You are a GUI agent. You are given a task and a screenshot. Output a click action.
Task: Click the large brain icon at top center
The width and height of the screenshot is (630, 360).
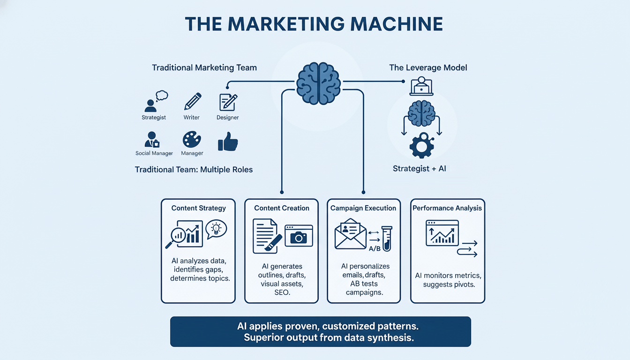point(318,84)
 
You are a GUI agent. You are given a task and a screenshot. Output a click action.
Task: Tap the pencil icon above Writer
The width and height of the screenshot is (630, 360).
point(192,101)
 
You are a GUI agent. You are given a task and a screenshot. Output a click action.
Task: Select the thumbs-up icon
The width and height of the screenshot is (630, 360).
point(228,141)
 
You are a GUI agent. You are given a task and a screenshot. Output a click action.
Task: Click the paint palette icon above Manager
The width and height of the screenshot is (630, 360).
point(191,140)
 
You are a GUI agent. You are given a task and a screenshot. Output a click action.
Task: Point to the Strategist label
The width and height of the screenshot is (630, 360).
point(154,118)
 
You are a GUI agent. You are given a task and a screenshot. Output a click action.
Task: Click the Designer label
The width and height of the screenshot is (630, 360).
point(228,118)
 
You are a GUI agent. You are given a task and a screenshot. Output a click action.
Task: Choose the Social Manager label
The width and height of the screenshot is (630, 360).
point(154,153)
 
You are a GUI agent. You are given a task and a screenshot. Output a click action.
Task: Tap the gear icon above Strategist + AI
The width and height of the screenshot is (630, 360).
point(422,146)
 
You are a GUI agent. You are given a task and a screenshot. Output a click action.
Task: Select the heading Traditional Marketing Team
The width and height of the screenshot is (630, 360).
point(204,67)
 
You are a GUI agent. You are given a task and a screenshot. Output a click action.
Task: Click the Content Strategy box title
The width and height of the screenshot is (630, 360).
point(198,208)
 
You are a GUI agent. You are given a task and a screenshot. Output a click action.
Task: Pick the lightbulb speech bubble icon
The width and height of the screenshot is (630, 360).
point(216,228)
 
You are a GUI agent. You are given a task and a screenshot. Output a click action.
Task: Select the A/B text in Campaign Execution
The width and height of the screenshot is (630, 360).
point(375,248)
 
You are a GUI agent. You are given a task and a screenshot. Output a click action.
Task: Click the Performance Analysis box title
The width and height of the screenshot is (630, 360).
point(447,208)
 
